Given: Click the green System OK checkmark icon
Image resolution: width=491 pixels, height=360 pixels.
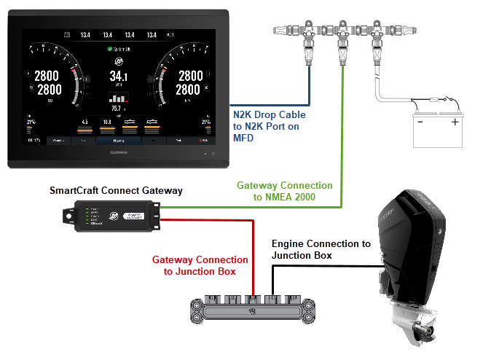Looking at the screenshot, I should click(110, 50).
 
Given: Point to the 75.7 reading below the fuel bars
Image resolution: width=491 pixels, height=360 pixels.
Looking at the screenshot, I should click(117, 109).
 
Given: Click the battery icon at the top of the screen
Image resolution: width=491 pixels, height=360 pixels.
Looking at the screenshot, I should click(66, 34).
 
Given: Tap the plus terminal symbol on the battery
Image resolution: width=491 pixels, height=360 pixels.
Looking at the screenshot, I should click(455, 122).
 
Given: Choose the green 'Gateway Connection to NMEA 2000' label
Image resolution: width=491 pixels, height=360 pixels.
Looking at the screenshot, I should click(284, 191).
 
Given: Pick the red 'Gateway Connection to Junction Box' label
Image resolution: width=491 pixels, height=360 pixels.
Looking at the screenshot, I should click(200, 265).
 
